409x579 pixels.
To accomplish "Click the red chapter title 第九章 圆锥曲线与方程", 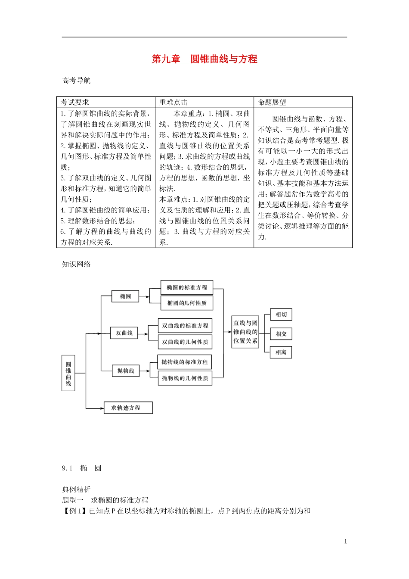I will (204, 59).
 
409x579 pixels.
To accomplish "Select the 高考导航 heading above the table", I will (76, 81).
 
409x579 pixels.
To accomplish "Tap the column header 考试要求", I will (75, 103).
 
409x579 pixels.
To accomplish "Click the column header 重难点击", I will (174, 103).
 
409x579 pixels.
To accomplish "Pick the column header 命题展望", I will (272, 103).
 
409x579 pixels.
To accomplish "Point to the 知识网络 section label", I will (76, 265).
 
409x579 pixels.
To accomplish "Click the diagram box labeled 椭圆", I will (126, 296).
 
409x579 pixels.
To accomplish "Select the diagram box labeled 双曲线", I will (124, 333).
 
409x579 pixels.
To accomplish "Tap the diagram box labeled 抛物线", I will (126, 371).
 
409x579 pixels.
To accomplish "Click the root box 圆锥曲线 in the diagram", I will (68, 373).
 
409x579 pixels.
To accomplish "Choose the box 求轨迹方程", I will (128, 408).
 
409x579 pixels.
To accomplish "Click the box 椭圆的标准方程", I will (187, 287).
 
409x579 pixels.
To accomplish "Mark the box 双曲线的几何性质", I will (185, 342).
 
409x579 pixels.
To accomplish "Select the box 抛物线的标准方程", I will (185, 362).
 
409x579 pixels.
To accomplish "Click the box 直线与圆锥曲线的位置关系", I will (245, 332).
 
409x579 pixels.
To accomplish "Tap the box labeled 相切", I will (281, 314).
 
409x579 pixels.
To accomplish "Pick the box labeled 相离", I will (281, 352).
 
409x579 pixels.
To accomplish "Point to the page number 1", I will (346, 542).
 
